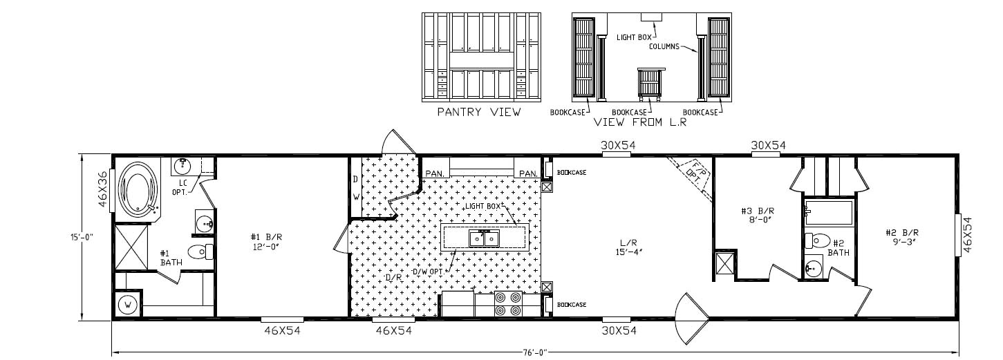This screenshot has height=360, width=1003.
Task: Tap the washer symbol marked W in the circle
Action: [x=128, y=304]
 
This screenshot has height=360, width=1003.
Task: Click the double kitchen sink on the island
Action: [x=485, y=238]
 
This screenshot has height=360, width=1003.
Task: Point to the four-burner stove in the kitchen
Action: [x=509, y=305]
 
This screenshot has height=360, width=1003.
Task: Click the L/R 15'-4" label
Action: [x=628, y=247]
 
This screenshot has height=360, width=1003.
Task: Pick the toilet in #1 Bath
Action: [x=198, y=252]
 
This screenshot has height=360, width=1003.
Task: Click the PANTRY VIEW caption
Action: [x=479, y=112]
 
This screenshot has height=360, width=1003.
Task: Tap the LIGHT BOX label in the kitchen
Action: [x=482, y=207]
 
